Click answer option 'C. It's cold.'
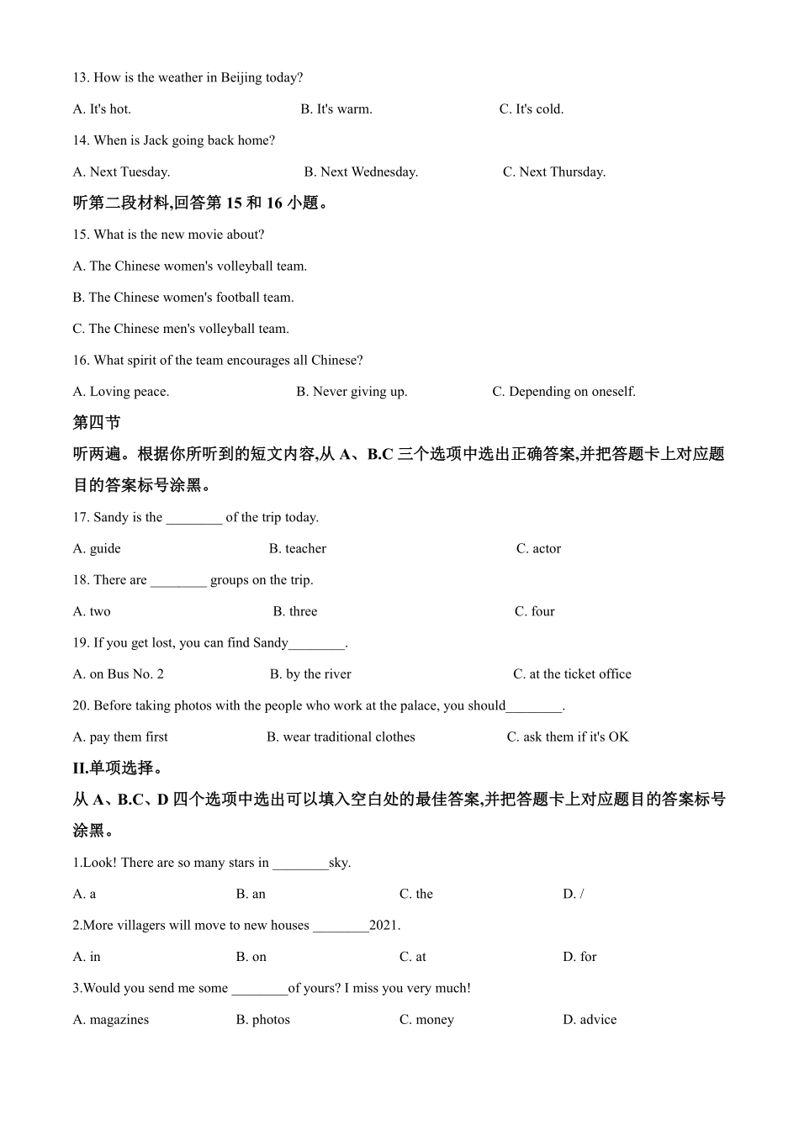(x=531, y=109)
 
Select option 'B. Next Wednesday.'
(x=361, y=172)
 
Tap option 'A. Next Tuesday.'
(x=121, y=172)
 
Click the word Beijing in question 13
(x=241, y=78)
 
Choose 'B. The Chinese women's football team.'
(x=183, y=298)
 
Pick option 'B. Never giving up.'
(x=352, y=392)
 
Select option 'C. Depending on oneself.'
(x=564, y=392)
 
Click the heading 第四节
(x=97, y=423)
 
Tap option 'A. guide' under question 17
(x=97, y=549)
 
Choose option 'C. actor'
(x=538, y=549)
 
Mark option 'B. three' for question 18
(x=295, y=612)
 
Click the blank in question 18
(x=178, y=581)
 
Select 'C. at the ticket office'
(x=572, y=674)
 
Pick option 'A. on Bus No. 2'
(x=119, y=674)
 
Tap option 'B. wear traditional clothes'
(x=341, y=737)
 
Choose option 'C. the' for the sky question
(x=416, y=895)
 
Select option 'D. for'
(x=579, y=958)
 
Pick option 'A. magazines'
(x=111, y=1020)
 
